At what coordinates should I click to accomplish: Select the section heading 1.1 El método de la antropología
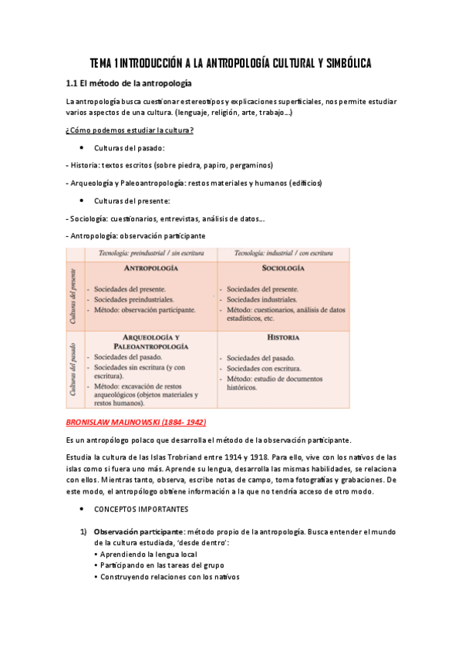pyautogui.click(x=129, y=83)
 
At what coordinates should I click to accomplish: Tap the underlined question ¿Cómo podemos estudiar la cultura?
pyautogui.click(x=130, y=130)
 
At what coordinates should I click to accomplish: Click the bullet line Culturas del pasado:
pyautogui.click(x=129, y=147)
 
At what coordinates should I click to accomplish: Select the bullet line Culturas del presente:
pyautogui.click(x=132, y=201)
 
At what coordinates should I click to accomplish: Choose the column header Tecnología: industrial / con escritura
pyautogui.click(x=280, y=253)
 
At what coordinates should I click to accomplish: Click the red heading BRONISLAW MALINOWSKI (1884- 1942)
pyautogui.click(x=137, y=423)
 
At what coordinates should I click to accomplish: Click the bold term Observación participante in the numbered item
pyautogui.click(x=138, y=532)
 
